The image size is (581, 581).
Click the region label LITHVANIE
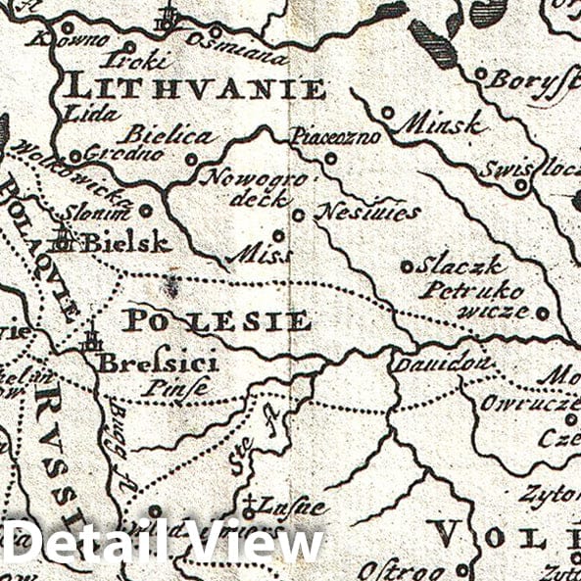(194, 88)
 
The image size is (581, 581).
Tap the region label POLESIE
(217, 320)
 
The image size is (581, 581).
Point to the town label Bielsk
(124, 242)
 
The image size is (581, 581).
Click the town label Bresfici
(157, 363)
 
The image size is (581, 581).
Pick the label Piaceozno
(334, 138)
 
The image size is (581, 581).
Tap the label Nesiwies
(369, 212)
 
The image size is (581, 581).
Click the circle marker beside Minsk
(388, 113)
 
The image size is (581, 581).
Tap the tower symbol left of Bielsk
(65, 237)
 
